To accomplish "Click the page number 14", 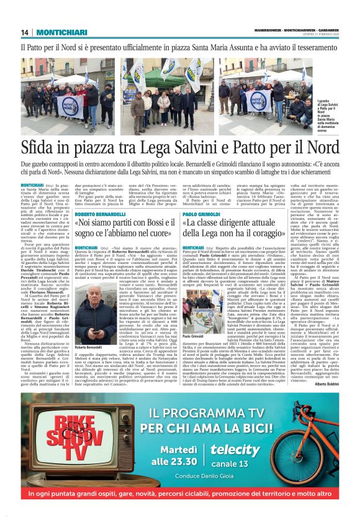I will click(25, 32).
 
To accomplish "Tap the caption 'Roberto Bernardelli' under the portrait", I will click(88, 347).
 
